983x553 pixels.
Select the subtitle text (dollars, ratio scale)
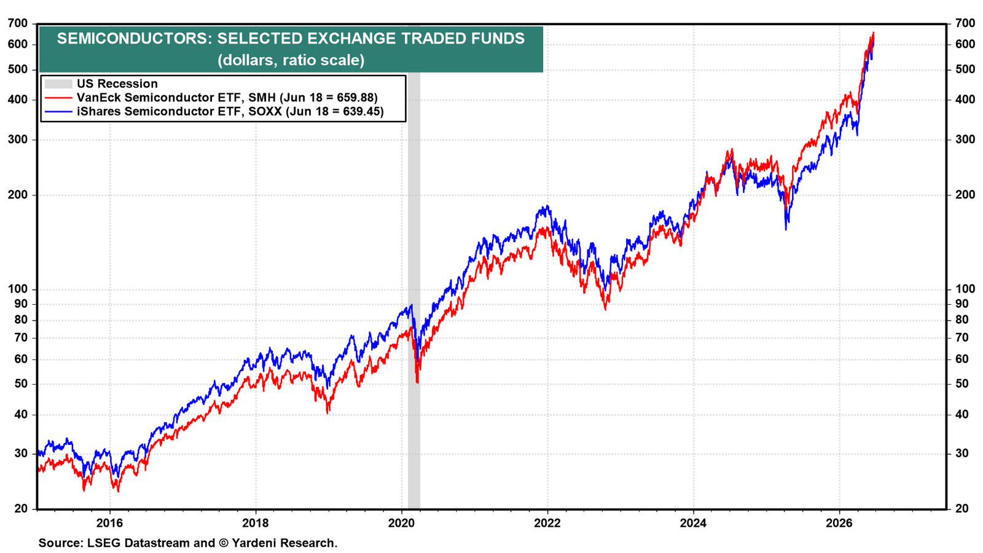click(291, 60)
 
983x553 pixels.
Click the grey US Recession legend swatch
click(58, 84)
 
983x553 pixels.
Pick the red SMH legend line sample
click(58, 98)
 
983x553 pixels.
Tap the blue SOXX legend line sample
click(58, 111)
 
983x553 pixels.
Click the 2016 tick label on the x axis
click(110, 523)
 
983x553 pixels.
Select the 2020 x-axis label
click(402, 523)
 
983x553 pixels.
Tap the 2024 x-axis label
click(694, 523)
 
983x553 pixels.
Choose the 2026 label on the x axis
click(839, 523)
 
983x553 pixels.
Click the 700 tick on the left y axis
click(18, 23)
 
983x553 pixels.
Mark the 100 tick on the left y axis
click(18, 289)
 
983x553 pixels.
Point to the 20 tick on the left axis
click(21, 509)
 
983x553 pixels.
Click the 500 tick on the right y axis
click(965, 69)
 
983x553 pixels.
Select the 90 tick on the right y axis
click(961, 304)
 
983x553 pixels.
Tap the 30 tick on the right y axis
click(961, 453)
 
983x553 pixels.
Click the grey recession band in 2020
click(414, 289)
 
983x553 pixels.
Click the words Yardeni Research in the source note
click(283, 543)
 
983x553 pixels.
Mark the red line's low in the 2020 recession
click(417, 382)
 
